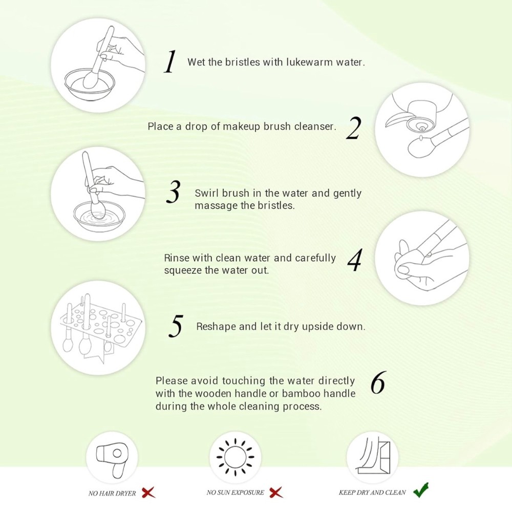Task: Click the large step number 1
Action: coord(170,62)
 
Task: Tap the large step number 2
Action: coord(354,129)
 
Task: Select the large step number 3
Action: coord(173,192)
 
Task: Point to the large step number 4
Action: coord(355,260)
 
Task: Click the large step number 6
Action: coord(378,382)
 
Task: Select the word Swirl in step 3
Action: coord(207,193)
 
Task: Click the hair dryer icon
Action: coord(111,457)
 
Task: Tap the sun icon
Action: coord(236,457)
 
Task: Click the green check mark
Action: coord(421,491)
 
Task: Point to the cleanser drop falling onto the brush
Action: coord(421,138)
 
